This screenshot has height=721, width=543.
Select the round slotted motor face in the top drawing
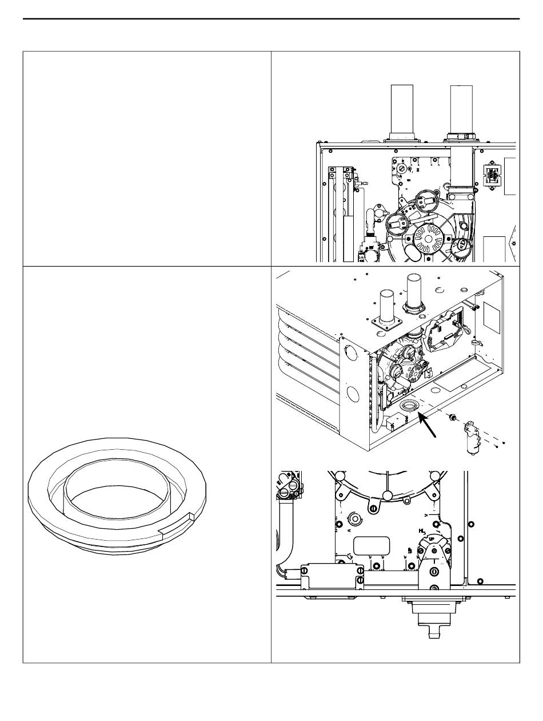[x=425, y=236]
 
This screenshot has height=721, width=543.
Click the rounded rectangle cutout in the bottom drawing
[x=372, y=545]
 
